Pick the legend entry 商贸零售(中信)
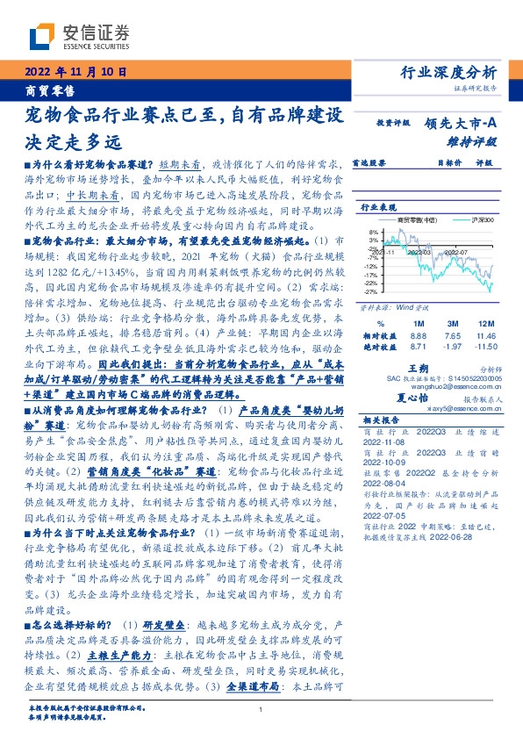(411, 220)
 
